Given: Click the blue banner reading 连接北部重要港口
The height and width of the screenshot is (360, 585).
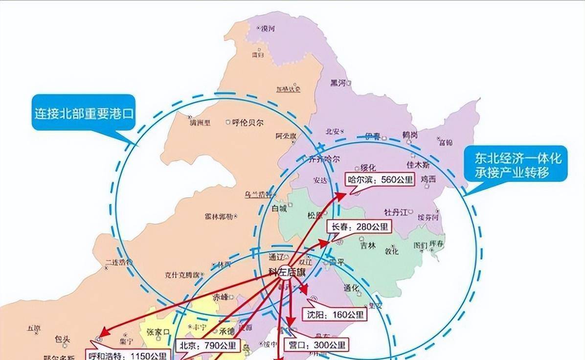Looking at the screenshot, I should [x=84, y=113].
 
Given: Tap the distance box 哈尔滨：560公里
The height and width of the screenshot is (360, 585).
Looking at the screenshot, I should [x=380, y=180].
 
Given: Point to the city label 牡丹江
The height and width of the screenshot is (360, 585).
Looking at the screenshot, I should [x=396, y=212].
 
